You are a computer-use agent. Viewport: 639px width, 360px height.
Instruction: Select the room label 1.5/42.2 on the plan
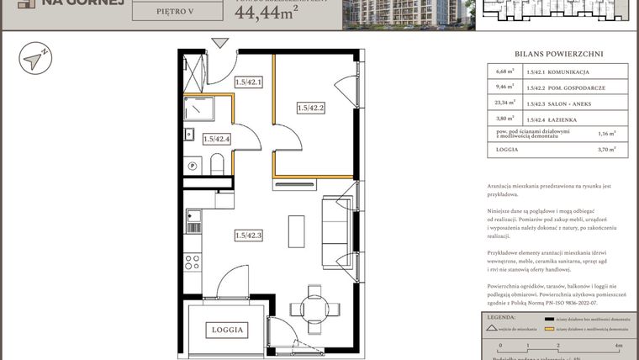(x=310, y=107)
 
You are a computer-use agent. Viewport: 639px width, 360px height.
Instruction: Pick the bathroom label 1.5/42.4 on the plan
(x=216, y=139)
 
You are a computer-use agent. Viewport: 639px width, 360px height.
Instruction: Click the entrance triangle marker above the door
(x=220, y=43)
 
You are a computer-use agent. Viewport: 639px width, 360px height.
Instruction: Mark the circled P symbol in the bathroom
(x=193, y=166)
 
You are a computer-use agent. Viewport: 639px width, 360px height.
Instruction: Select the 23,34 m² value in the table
(x=504, y=104)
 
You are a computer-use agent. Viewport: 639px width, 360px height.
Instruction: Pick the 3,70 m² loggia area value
(x=606, y=149)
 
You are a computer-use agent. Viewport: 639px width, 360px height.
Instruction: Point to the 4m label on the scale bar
(x=618, y=345)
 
